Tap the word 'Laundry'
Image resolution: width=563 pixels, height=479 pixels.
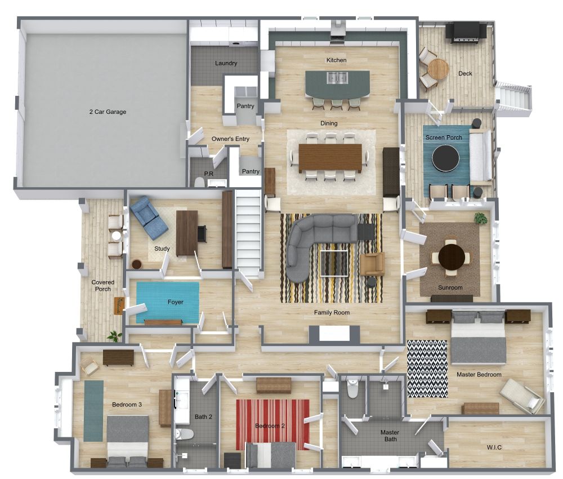226,63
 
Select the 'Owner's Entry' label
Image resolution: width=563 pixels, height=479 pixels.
230,139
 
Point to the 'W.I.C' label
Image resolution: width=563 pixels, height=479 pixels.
494,447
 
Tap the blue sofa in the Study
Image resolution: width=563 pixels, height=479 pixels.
149,217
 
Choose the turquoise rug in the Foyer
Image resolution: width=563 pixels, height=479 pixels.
167,301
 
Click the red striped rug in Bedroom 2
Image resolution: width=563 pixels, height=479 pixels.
272,424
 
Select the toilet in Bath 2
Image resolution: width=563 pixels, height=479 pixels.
184,434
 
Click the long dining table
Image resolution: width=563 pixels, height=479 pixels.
330,157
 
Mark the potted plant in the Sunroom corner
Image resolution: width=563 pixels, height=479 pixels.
480,219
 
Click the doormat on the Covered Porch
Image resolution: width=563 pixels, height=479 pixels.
119,306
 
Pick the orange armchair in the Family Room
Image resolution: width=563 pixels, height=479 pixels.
372,263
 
